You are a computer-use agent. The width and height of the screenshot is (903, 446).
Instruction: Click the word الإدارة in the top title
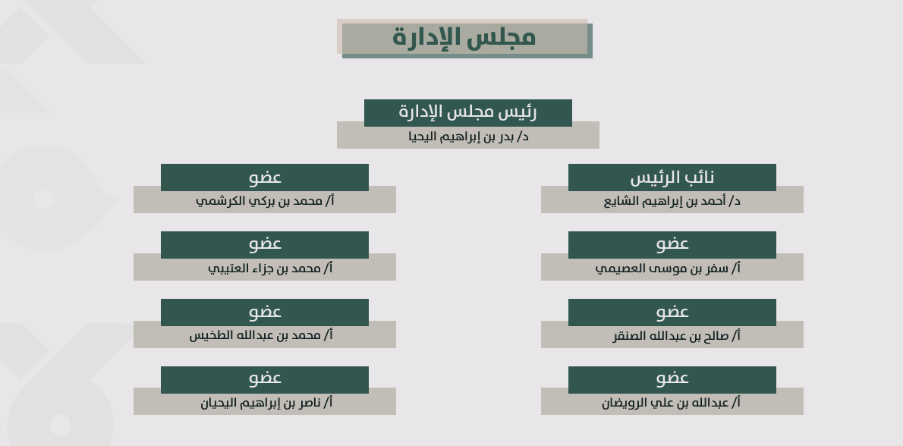426,38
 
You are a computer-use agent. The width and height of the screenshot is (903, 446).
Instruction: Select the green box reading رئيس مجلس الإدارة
468,113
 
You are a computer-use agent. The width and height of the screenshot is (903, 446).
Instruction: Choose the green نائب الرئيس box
672,177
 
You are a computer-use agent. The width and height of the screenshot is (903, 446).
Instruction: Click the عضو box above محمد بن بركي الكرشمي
265,177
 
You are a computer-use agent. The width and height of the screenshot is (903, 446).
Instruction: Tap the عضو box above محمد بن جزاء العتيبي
265,244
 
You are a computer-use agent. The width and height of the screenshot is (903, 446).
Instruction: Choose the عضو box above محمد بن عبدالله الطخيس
265,312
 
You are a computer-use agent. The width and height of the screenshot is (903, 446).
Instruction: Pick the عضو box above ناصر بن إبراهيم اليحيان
265,379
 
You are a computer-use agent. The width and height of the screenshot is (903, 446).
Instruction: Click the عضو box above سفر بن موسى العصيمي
672,244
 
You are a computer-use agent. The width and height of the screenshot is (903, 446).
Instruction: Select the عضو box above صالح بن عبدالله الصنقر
672,312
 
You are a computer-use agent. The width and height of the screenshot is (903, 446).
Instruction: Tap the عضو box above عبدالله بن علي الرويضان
672,379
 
